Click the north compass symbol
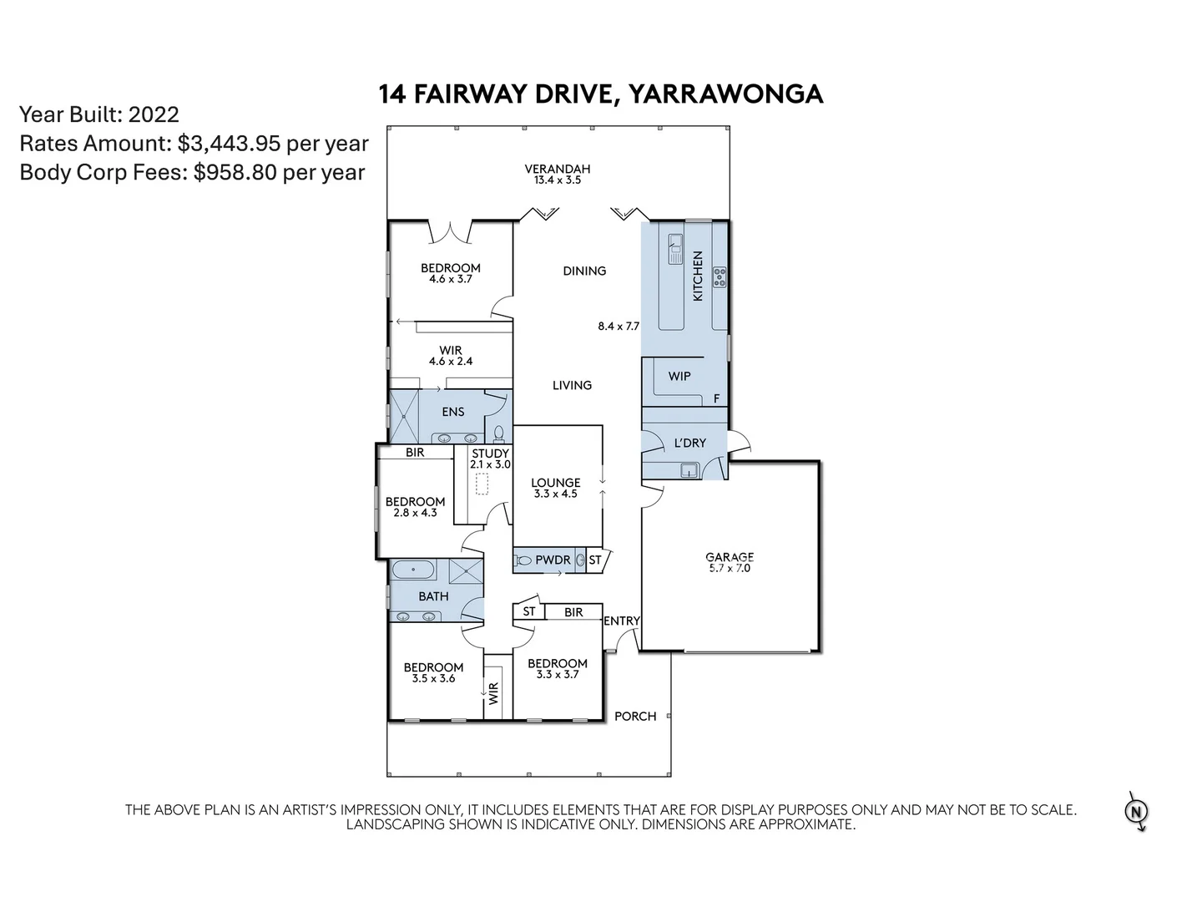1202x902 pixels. click(x=1136, y=811)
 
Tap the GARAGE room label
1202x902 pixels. click(x=730, y=562)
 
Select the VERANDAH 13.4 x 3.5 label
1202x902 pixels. click(x=557, y=174)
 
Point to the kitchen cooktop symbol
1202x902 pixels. click(x=719, y=277)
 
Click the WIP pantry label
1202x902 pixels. click(x=679, y=376)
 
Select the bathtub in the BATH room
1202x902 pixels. click(x=413, y=571)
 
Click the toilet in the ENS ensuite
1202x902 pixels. click(x=499, y=433)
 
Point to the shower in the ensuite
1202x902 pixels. click(x=404, y=415)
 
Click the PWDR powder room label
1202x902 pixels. click(x=553, y=560)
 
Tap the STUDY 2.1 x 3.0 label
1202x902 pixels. click(x=490, y=459)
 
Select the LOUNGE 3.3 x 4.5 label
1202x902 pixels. click(x=556, y=488)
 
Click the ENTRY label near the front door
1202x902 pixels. click(x=621, y=621)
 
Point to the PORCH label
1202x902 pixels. click(x=635, y=716)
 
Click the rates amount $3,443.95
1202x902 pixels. click(x=229, y=144)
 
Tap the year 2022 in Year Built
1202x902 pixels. click(x=154, y=114)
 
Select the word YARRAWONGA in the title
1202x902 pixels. click(x=725, y=94)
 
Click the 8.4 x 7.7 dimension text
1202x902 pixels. click(x=618, y=326)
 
